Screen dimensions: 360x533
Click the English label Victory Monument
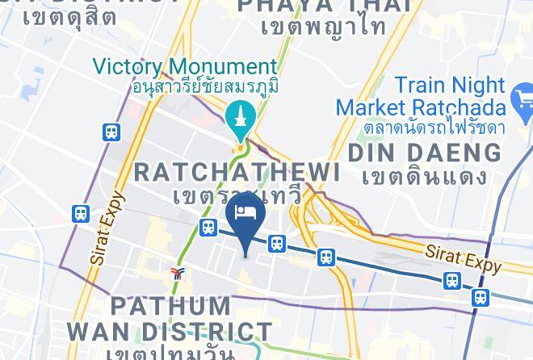pyautogui.click(x=185, y=66)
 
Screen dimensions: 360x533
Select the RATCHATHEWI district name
pyautogui.click(x=236, y=171)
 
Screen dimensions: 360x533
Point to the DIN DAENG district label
pyautogui.click(x=424, y=152)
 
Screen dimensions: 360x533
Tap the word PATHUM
pyautogui.click(x=170, y=307)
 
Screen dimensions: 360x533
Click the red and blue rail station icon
pyautogui.click(x=177, y=274)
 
